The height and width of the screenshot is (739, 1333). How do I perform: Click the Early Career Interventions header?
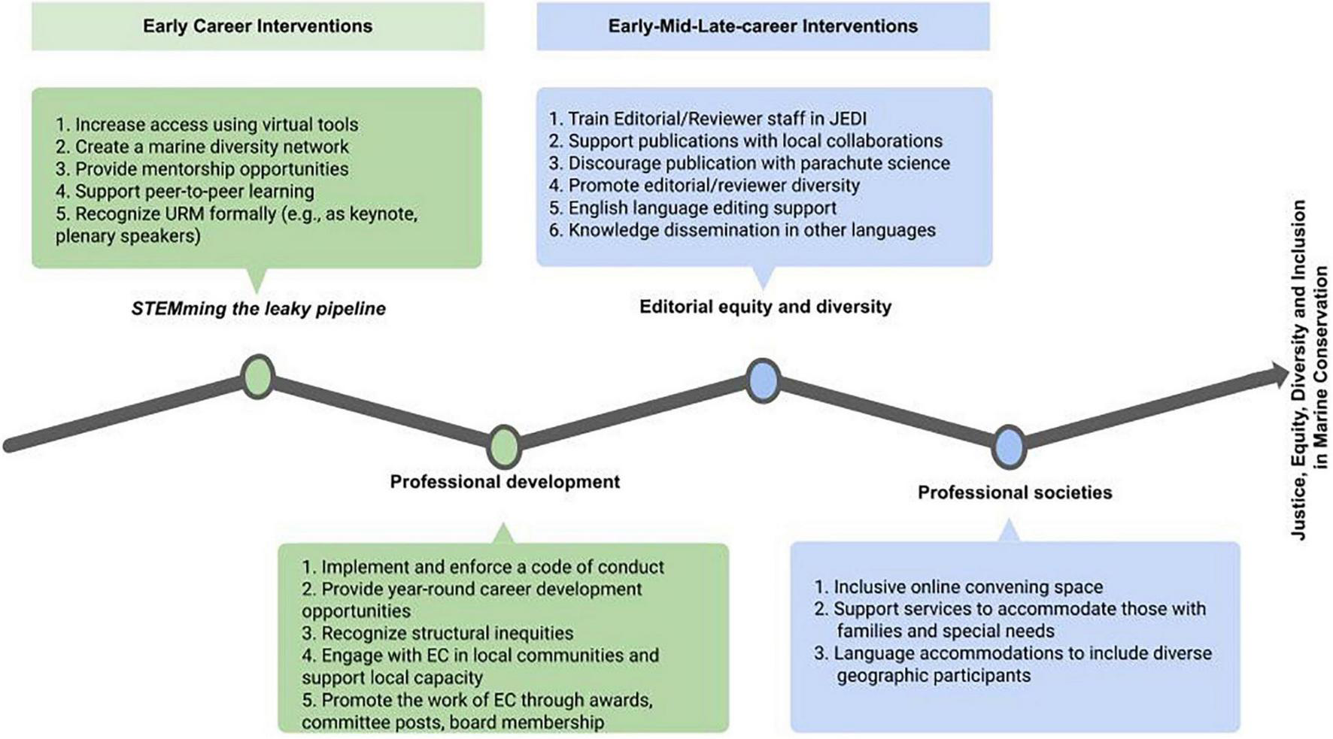(x=257, y=26)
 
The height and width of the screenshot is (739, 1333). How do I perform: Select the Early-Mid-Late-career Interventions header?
(x=763, y=26)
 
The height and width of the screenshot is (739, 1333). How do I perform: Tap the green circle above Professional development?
(x=504, y=447)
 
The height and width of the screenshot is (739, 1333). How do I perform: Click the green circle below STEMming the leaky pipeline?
(x=258, y=377)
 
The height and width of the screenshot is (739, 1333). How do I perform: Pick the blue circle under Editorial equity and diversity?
(x=763, y=380)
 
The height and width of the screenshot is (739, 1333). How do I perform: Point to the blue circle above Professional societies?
(x=1009, y=447)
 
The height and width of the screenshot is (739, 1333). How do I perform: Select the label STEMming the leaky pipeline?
(x=258, y=308)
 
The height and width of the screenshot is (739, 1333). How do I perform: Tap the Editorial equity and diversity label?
(x=765, y=307)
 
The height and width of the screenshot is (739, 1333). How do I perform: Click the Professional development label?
(x=504, y=482)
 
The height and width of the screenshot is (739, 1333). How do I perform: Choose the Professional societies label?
(x=1014, y=492)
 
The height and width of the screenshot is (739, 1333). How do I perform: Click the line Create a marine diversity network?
(x=202, y=147)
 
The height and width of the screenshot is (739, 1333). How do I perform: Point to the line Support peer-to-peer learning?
(x=185, y=191)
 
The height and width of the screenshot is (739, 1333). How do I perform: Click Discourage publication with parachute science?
(x=749, y=163)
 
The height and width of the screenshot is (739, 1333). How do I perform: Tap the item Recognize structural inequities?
(x=438, y=633)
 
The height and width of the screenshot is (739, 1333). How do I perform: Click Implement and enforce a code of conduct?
(x=483, y=567)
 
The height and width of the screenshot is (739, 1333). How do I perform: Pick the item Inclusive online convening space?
(x=958, y=586)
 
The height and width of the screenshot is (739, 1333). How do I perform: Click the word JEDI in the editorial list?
(x=848, y=119)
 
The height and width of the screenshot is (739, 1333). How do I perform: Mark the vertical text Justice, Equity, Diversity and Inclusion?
(x=1299, y=368)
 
